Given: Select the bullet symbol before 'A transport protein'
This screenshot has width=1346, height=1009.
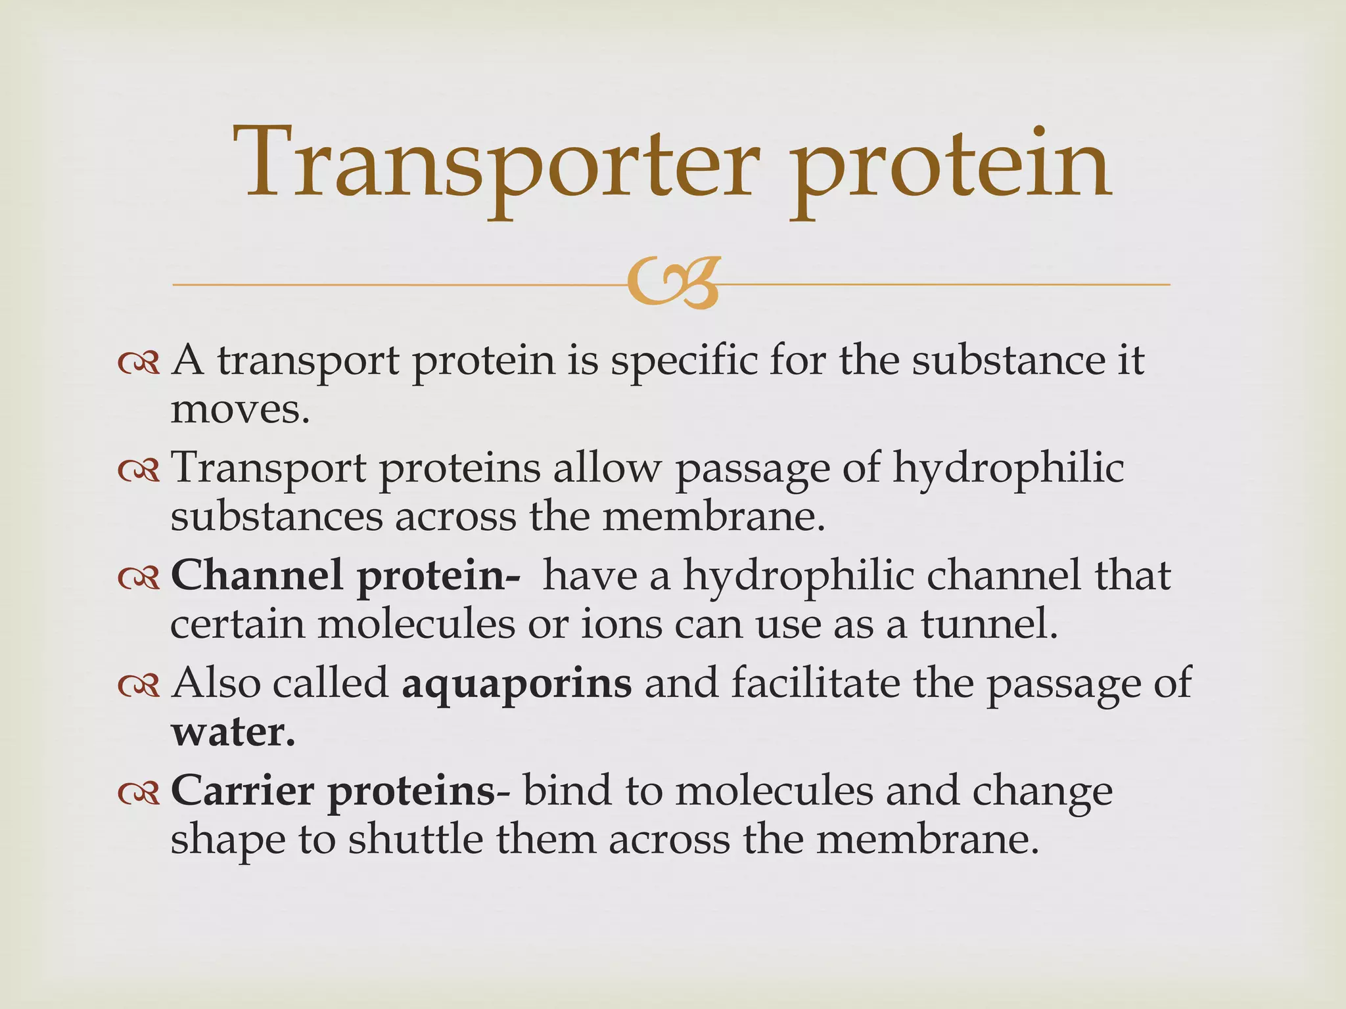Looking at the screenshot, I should coord(139,363).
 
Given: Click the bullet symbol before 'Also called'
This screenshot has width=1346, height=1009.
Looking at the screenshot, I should coord(139,686).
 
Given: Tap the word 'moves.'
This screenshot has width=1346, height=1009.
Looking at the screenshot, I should coord(240,410).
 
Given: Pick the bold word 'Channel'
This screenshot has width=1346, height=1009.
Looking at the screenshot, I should coord(257,575).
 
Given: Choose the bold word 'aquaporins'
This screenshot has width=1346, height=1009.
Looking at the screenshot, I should coord(517,684).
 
